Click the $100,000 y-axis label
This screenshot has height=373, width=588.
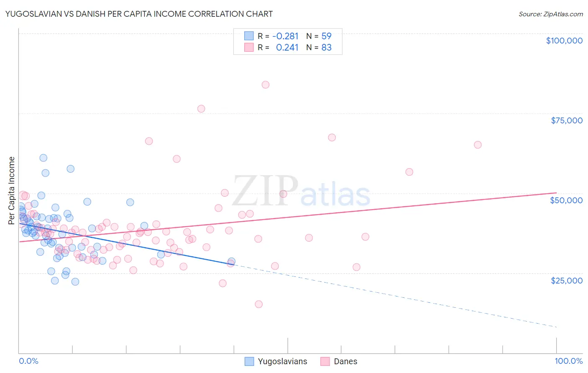564,41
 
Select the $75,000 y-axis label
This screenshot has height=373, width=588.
567,120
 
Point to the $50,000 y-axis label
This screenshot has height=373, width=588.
566,200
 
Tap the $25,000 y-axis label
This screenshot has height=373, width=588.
567,280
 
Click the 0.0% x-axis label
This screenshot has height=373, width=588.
28,361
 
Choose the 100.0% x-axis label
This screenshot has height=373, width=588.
568,361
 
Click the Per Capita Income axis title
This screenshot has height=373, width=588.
12,190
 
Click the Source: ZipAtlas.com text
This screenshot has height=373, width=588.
550,14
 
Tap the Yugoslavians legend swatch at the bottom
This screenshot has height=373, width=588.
249,361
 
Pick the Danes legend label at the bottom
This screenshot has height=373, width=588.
345,361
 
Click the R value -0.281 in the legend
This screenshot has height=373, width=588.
285,36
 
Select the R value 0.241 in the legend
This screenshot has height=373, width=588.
287,47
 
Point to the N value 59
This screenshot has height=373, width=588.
326,36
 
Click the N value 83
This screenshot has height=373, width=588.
326,47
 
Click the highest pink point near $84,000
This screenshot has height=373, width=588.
266,84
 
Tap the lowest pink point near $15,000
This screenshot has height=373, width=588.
259,304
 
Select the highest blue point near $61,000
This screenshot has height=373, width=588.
43,158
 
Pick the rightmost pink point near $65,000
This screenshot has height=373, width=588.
478,145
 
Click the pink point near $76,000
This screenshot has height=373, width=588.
201,109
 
